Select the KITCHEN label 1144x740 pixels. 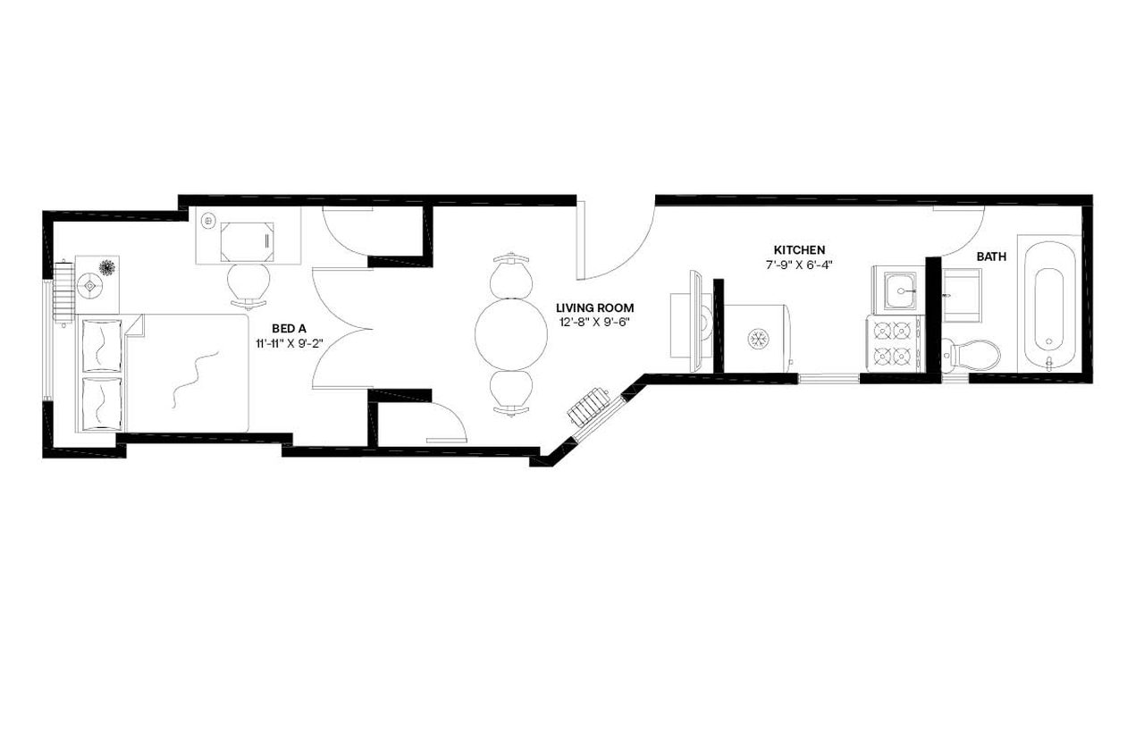pos(799,250)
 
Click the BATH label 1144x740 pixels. pos(991,256)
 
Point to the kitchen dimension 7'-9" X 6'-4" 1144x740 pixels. pos(799,265)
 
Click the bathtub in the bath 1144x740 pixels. pos(1049,304)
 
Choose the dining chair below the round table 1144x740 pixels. pos(510,392)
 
